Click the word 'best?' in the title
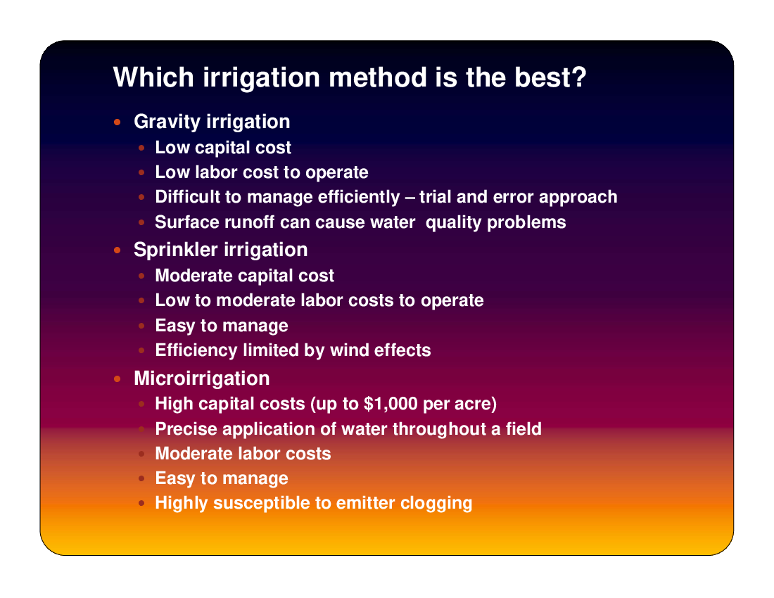point(550,77)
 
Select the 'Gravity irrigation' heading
point(212,122)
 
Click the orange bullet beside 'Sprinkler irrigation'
point(117,250)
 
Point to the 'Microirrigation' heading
point(202,378)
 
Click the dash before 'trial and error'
point(410,198)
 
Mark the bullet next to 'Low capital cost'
point(141,148)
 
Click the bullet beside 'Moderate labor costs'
point(141,454)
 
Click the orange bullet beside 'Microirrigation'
point(117,379)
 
